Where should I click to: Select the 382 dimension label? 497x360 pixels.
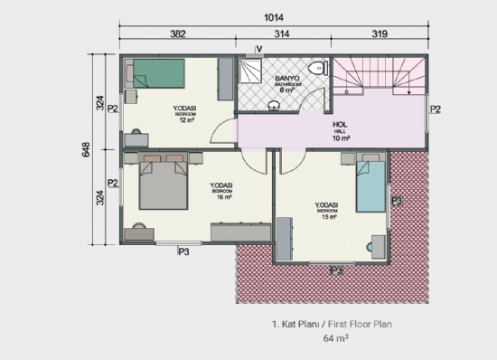[178, 35]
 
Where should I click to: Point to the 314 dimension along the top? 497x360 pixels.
[284, 35]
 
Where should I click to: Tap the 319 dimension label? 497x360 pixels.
[380, 35]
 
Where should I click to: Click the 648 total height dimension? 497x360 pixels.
[87, 150]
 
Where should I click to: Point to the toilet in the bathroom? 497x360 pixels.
[316, 70]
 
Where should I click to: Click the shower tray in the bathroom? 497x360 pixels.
[251, 72]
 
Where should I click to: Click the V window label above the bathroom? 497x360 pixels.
[259, 48]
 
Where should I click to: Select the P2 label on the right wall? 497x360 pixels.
[435, 109]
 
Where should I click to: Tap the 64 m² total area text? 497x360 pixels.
[335, 339]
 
